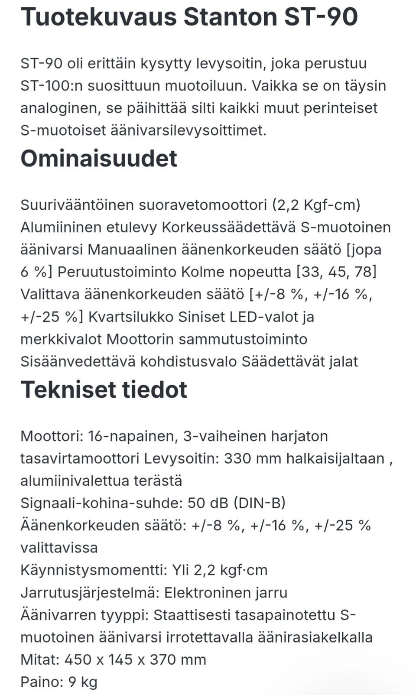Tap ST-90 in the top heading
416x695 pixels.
(321, 17)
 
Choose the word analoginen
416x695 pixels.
(60, 108)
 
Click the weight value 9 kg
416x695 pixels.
(83, 682)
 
